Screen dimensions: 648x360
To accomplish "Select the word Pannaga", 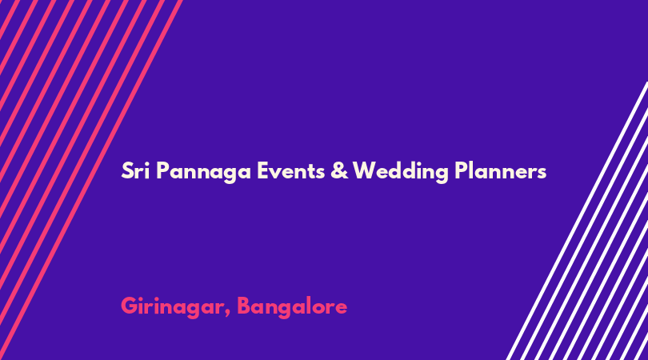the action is pyautogui.click(x=204, y=172).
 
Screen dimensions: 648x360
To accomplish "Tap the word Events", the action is pyautogui.click(x=291, y=170).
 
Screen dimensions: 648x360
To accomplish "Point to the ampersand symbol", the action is pyautogui.click(x=339, y=170).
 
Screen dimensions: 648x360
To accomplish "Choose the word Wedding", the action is pyautogui.click(x=401, y=171).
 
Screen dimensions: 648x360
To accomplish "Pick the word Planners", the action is pyautogui.click(x=501, y=170).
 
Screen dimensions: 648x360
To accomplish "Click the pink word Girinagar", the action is pyautogui.click(x=174, y=307).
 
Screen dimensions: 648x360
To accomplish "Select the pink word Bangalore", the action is pyautogui.click(x=292, y=307).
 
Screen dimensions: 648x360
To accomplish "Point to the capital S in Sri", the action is pyautogui.click(x=127, y=170).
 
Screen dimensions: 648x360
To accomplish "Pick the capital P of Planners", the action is pyautogui.click(x=462, y=170).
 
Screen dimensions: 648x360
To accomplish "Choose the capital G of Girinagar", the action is pyautogui.click(x=130, y=306).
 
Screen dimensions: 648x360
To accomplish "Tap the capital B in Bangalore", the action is pyautogui.click(x=245, y=306).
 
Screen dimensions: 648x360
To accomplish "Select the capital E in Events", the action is pyautogui.click(x=263, y=170).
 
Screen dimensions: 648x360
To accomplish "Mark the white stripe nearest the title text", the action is pyautogui.click(x=577, y=221).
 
